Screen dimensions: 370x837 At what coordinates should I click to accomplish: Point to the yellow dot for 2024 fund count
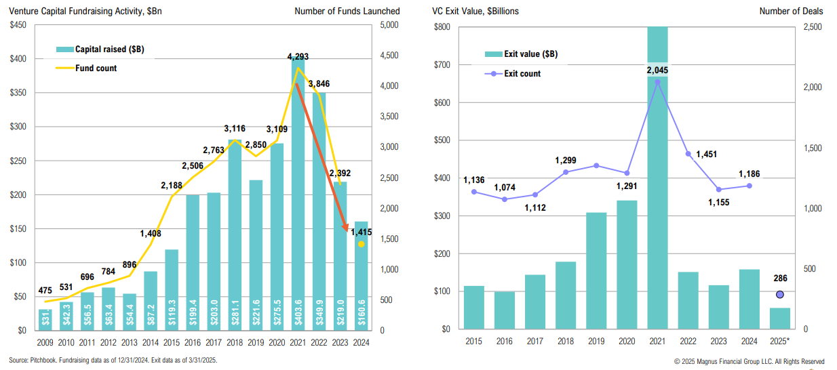(362, 244)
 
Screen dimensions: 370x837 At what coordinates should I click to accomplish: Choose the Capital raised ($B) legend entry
(100, 49)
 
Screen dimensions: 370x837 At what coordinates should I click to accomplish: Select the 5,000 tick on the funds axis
(391, 25)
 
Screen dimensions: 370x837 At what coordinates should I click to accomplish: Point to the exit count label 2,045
(657, 69)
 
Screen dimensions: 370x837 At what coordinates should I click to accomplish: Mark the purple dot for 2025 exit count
(780, 294)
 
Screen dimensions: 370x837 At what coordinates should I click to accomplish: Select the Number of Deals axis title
(791, 11)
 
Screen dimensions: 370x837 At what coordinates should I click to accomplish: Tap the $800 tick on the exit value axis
(442, 27)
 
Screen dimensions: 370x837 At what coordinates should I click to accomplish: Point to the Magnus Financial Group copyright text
(750, 361)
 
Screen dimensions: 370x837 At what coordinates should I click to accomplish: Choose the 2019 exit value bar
(596, 270)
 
